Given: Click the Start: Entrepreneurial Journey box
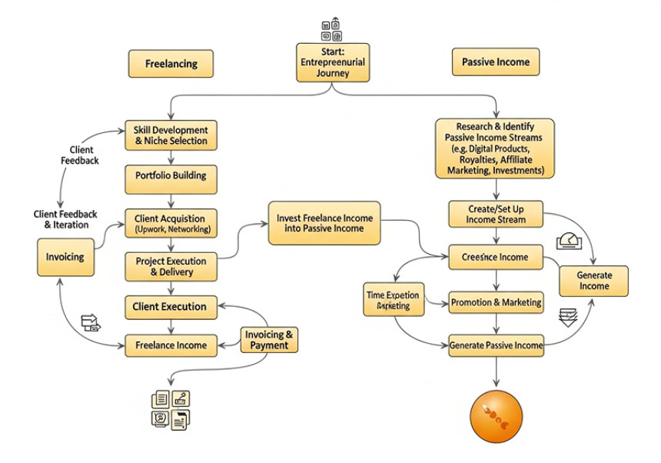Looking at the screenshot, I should pyautogui.click(x=333, y=62).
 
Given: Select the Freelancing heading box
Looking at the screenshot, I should pyautogui.click(x=171, y=64).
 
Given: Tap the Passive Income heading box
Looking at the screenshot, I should pyautogui.click(x=495, y=62).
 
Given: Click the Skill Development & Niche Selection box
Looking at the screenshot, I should pyautogui.click(x=171, y=135).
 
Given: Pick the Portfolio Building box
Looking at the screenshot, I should pyautogui.click(x=171, y=175).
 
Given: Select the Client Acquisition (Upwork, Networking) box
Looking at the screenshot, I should pyautogui.click(x=171, y=224).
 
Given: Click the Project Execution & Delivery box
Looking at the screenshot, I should pyautogui.click(x=171, y=266).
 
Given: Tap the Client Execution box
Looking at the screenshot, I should pyautogui.click(x=171, y=306).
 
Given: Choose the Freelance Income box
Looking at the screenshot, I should pyautogui.click(x=171, y=345).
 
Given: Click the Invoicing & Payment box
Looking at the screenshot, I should pyautogui.click(x=268, y=339).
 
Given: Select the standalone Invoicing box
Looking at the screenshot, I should pyautogui.click(x=65, y=257).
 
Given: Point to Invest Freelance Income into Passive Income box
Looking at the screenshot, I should pyautogui.click(x=324, y=223).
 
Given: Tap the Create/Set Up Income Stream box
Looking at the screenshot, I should pyautogui.click(x=495, y=214).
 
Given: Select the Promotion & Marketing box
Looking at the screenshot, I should pyautogui.click(x=496, y=302).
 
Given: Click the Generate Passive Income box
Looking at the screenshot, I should pyautogui.click(x=496, y=345).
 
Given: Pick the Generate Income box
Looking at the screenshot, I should pyautogui.click(x=593, y=281).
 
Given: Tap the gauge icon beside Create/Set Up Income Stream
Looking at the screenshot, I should pyautogui.click(x=570, y=240).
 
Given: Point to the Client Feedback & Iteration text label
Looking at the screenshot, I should pyautogui.click(x=61, y=219).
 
